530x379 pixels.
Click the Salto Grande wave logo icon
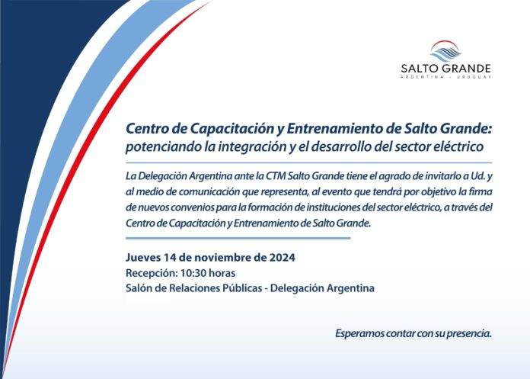pyautogui.click(x=445, y=51)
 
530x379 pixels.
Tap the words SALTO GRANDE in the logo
pyautogui.click(x=445, y=69)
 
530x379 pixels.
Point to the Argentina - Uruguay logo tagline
pyautogui.click(x=445, y=77)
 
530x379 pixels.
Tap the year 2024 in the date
pyautogui.click(x=283, y=258)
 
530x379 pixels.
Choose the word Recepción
pyautogui.click(x=152, y=274)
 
